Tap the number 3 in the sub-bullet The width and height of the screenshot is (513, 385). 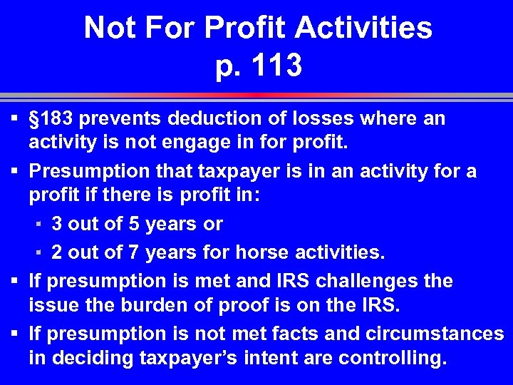[57, 224]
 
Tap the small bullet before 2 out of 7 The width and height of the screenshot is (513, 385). [39, 252]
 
